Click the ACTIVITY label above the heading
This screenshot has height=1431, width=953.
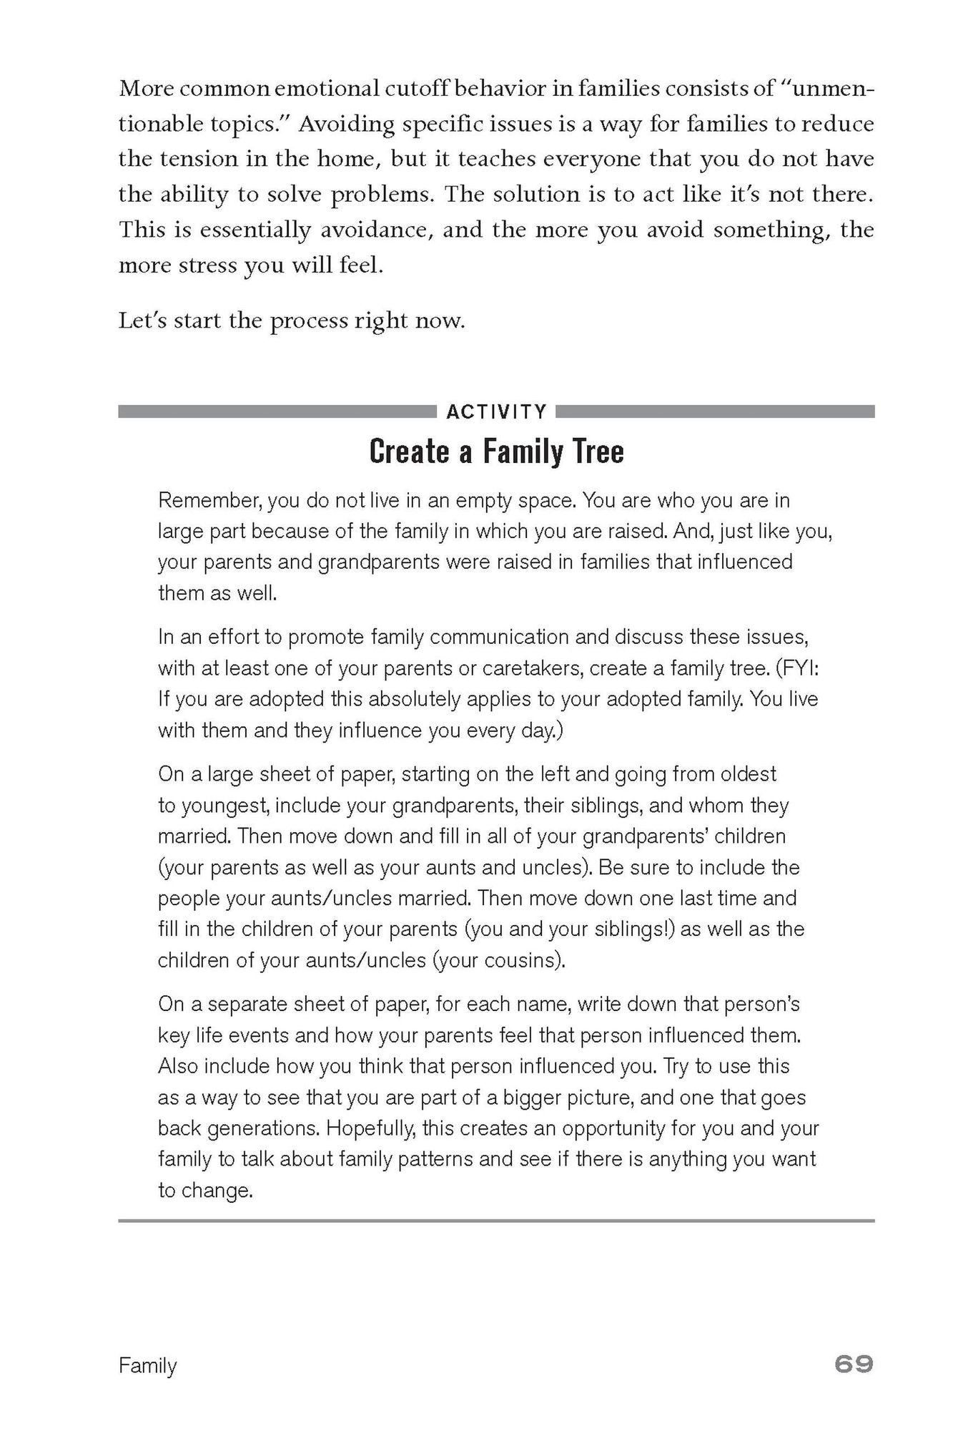[496, 412]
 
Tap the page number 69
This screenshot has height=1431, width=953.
[854, 1364]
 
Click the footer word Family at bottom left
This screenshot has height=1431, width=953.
[147, 1366]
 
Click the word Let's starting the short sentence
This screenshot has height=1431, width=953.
[142, 321]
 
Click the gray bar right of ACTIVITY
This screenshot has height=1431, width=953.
[715, 412]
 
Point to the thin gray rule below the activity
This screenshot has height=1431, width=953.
[496, 1221]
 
